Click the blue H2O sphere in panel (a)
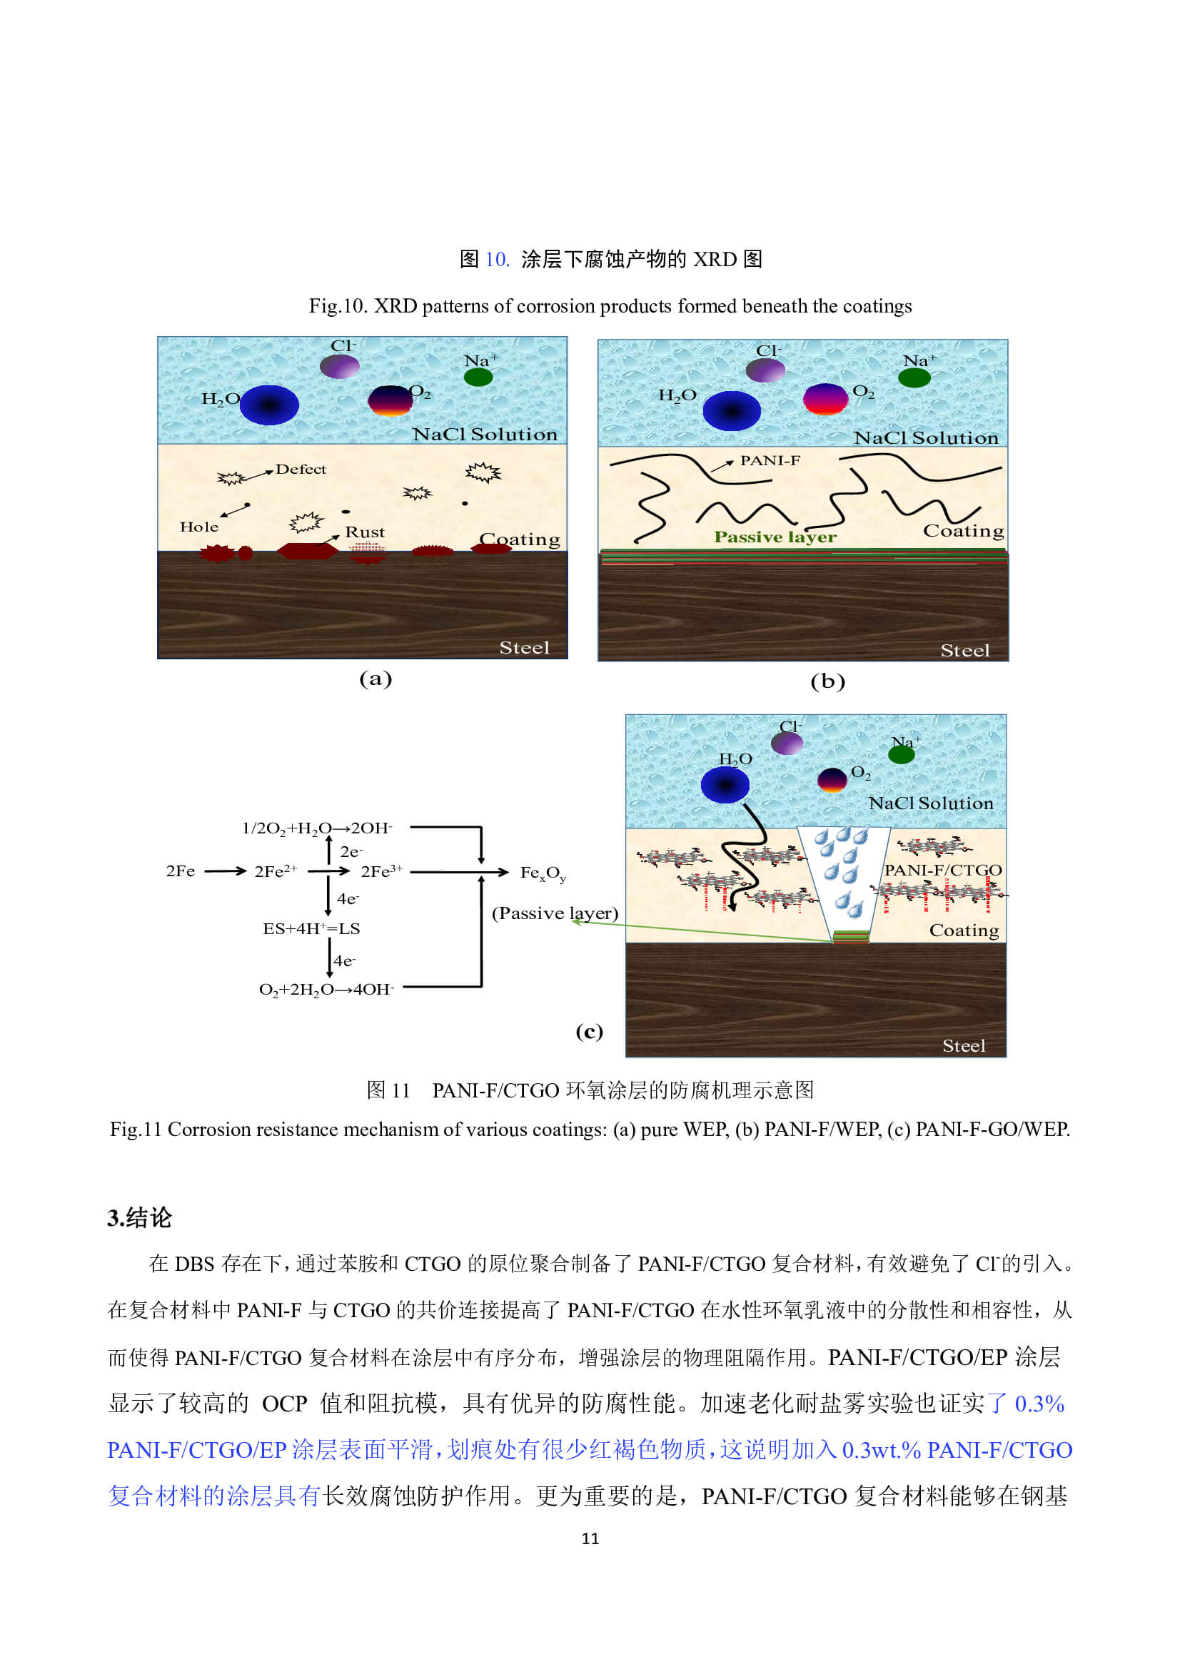[x=269, y=404]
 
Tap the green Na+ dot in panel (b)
[x=914, y=377]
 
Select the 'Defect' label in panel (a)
[x=301, y=469]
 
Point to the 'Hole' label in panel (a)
[x=198, y=527]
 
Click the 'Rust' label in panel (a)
[x=364, y=532]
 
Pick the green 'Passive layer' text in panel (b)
[x=775, y=537]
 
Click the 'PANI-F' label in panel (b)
[x=770, y=460]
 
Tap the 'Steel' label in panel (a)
[x=523, y=647]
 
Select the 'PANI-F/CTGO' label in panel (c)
[x=942, y=869]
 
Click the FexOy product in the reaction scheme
[x=543, y=872]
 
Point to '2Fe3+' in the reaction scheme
[x=381, y=871]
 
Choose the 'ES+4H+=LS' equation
[x=311, y=928]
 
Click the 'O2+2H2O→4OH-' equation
[x=326, y=989]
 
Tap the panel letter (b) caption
[x=827, y=681]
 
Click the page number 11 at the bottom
[x=590, y=1538]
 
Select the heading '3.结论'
[x=139, y=1217]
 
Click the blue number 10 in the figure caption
[x=496, y=259]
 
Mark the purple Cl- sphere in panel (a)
[x=340, y=366]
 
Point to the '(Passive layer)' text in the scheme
[x=555, y=913]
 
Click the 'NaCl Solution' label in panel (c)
[x=930, y=803]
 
